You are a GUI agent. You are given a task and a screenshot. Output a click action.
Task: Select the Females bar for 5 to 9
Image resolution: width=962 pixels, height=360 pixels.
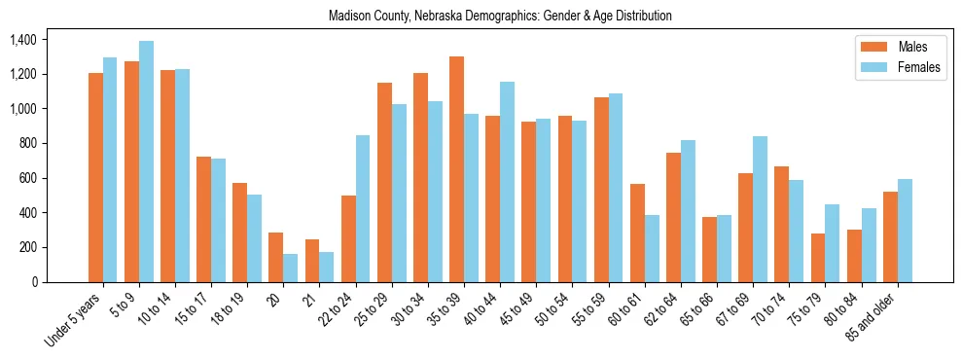click(x=146, y=162)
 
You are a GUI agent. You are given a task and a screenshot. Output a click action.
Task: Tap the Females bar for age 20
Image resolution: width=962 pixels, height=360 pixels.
click(x=291, y=268)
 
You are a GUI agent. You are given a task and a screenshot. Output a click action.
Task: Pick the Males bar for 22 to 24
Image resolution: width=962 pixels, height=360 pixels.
click(x=348, y=238)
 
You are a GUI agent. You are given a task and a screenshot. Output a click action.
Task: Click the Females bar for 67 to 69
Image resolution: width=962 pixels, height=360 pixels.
click(x=760, y=209)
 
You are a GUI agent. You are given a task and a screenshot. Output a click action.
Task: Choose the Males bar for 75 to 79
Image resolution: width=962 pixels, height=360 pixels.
click(x=818, y=258)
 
